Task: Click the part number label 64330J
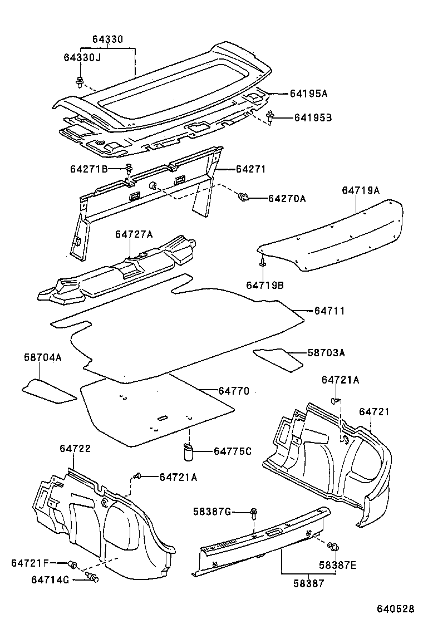82,58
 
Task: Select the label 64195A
308,94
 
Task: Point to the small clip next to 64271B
129,168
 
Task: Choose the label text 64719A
360,190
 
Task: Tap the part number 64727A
134,234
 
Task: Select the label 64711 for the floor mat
329,311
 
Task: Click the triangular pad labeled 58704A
49,390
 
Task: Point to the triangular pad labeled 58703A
278,358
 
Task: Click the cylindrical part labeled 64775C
188,451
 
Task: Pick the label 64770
234,391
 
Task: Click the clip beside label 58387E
334,548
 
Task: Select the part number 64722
75,448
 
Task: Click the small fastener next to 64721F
72,563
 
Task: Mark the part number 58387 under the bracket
307,583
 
